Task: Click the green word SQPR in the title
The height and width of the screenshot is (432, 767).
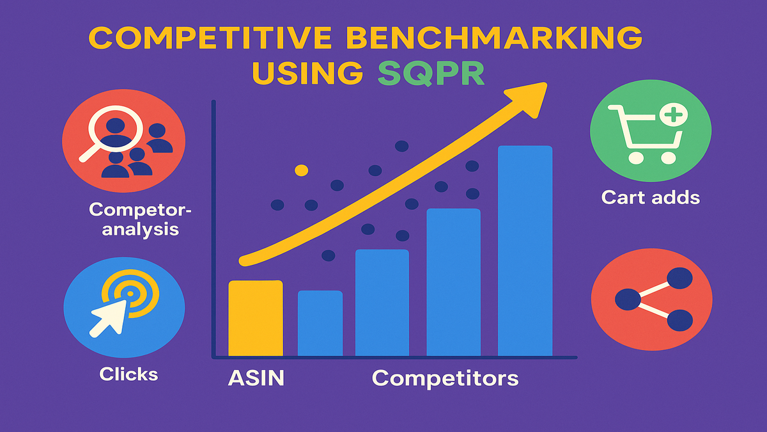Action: [x=431, y=73]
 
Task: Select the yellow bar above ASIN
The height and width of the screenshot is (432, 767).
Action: [x=256, y=318]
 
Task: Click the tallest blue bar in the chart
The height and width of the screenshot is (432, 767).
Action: [x=525, y=251]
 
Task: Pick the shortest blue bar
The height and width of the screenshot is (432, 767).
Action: [x=320, y=323]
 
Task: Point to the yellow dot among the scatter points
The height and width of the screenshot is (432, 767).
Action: [x=301, y=170]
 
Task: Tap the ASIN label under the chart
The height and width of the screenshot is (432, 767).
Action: [x=256, y=378]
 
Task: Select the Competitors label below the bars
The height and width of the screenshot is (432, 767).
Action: [x=445, y=378]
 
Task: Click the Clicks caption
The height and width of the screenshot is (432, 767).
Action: [x=128, y=374]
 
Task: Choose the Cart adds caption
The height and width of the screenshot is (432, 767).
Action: [x=651, y=198]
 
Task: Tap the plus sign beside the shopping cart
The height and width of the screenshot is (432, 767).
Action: [x=673, y=115]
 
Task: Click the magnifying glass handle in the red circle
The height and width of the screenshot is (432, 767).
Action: [x=89, y=151]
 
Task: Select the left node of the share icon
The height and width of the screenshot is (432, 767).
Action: [x=628, y=300]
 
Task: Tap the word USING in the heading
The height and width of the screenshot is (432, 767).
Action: [x=307, y=73]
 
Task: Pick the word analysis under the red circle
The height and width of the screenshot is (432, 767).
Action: [x=141, y=229]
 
